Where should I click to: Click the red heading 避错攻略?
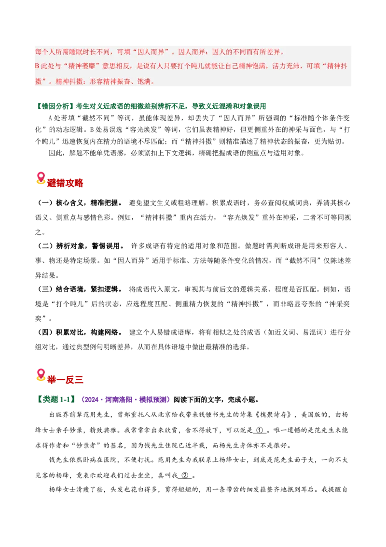tap(65, 183)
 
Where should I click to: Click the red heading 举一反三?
tap(65, 379)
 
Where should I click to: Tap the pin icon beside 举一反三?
tap(41, 374)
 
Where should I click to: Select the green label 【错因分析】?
tap(55, 106)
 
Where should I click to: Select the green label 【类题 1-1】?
tap(56, 400)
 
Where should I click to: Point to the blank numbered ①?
tap(260, 430)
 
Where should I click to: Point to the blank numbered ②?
tap(185, 475)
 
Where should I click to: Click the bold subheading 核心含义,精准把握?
tap(89, 202)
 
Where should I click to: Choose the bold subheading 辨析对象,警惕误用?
tap(90, 246)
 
